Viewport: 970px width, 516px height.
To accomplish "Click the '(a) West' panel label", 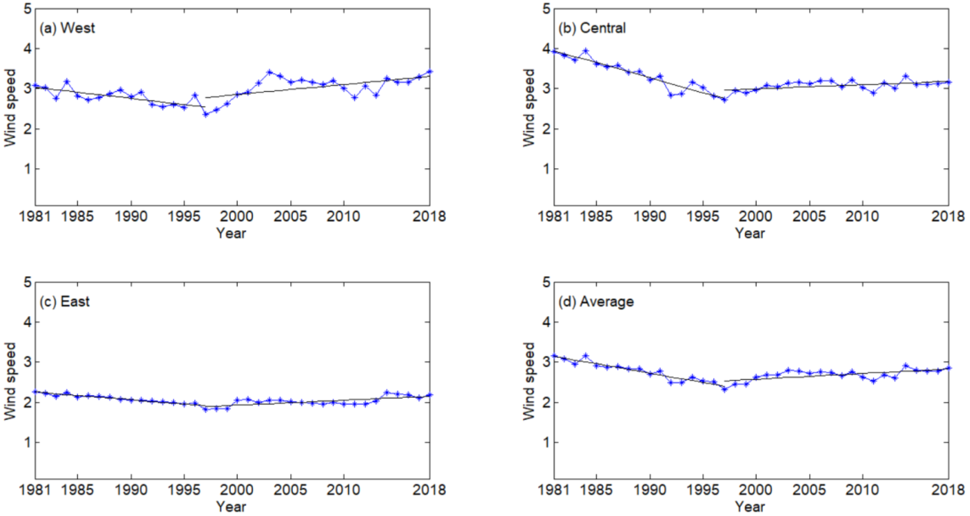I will coord(67,28).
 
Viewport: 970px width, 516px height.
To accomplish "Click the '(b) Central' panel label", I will coord(592,28).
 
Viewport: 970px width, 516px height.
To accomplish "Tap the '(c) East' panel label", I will coord(65,301).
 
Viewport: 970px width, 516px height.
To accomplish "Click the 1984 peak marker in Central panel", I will coord(585,50).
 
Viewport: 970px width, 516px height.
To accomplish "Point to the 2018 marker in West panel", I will coord(430,72).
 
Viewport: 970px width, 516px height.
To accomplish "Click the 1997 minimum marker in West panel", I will coord(206,115).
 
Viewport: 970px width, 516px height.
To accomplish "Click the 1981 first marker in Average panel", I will coord(554,356).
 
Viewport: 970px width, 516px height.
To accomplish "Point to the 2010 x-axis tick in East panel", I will coord(343,490).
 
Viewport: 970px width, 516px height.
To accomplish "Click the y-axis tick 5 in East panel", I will coord(27,282).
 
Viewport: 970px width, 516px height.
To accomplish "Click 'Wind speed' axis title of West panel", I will coord(10,108).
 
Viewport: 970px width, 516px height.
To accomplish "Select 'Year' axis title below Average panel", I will coord(750,507).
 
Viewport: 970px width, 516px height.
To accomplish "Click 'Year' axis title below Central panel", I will coord(750,233).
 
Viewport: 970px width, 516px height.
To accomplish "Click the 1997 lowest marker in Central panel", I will coord(724,100).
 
